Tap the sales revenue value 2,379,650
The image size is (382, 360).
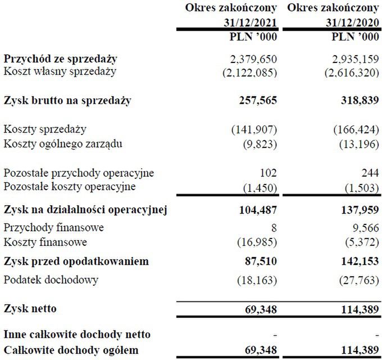click(254, 59)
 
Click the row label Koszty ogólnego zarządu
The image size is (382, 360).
click(63, 143)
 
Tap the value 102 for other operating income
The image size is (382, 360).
click(268, 173)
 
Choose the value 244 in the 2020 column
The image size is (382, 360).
click(371, 173)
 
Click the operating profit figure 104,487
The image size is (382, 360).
click(254, 210)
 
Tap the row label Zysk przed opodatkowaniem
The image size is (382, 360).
click(76, 262)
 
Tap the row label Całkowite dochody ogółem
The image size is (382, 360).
click(71, 350)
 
